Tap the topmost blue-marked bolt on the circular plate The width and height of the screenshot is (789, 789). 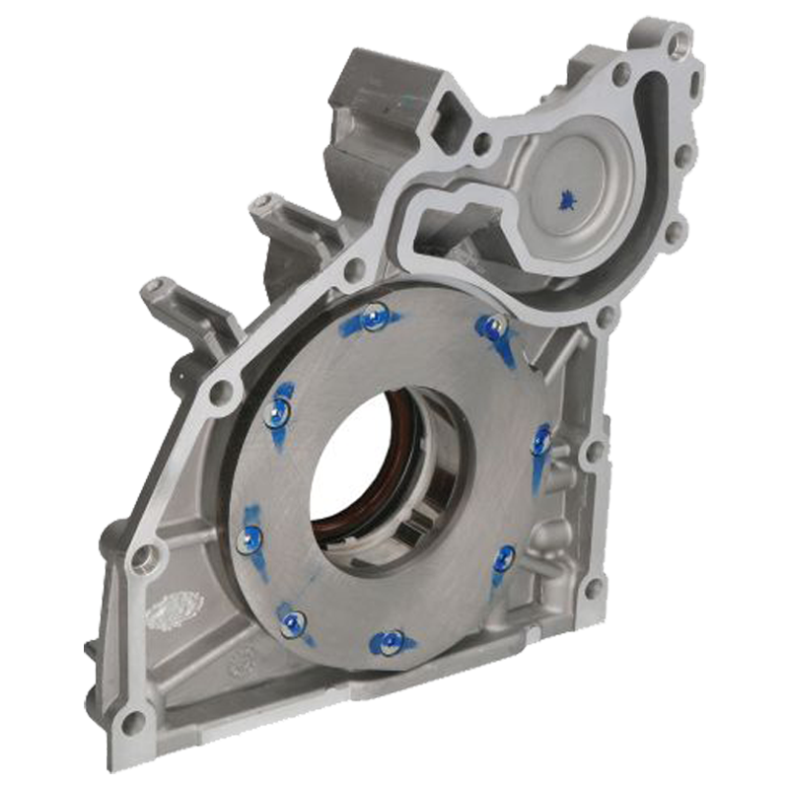click(x=372, y=316)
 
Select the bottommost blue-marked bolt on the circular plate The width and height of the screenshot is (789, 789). click(x=393, y=642)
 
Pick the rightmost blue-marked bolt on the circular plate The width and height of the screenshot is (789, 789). click(x=541, y=441)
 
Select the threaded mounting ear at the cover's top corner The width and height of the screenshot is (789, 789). click(x=676, y=40)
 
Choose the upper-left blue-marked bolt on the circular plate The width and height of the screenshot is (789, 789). click(x=279, y=410)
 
